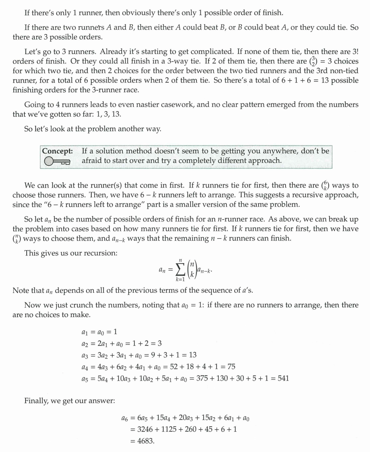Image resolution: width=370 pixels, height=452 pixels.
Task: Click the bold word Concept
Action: (57, 151)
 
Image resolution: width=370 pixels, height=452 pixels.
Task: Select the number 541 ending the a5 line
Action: (283, 378)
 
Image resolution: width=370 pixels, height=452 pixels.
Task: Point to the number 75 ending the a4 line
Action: (232, 367)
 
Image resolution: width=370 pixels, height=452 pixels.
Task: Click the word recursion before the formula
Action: (103, 253)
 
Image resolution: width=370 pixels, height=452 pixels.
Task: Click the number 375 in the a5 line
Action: (203, 378)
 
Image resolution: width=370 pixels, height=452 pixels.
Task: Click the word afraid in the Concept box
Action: (92, 161)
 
